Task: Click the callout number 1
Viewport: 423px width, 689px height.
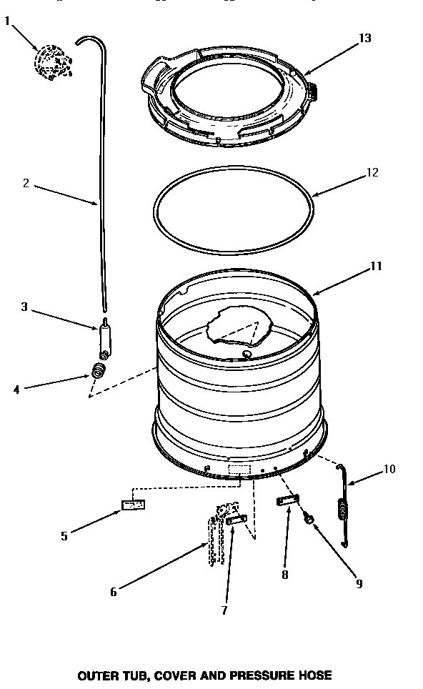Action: point(8,21)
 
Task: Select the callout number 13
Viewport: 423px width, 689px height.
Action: point(365,38)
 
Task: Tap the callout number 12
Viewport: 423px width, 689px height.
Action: point(371,173)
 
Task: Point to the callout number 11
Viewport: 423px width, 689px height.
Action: point(375,266)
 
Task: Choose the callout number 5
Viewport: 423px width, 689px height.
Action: point(64,536)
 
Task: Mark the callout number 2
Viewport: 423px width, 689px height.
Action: point(26,183)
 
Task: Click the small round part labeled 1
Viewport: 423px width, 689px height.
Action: point(51,59)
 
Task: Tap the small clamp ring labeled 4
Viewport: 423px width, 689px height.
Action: point(97,371)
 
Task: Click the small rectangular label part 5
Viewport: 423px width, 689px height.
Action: point(134,505)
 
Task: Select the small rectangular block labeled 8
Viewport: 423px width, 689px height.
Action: point(286,501)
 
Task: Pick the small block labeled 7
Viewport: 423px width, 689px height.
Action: point(237,520)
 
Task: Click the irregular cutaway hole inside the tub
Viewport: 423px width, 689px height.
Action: point(235,327)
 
